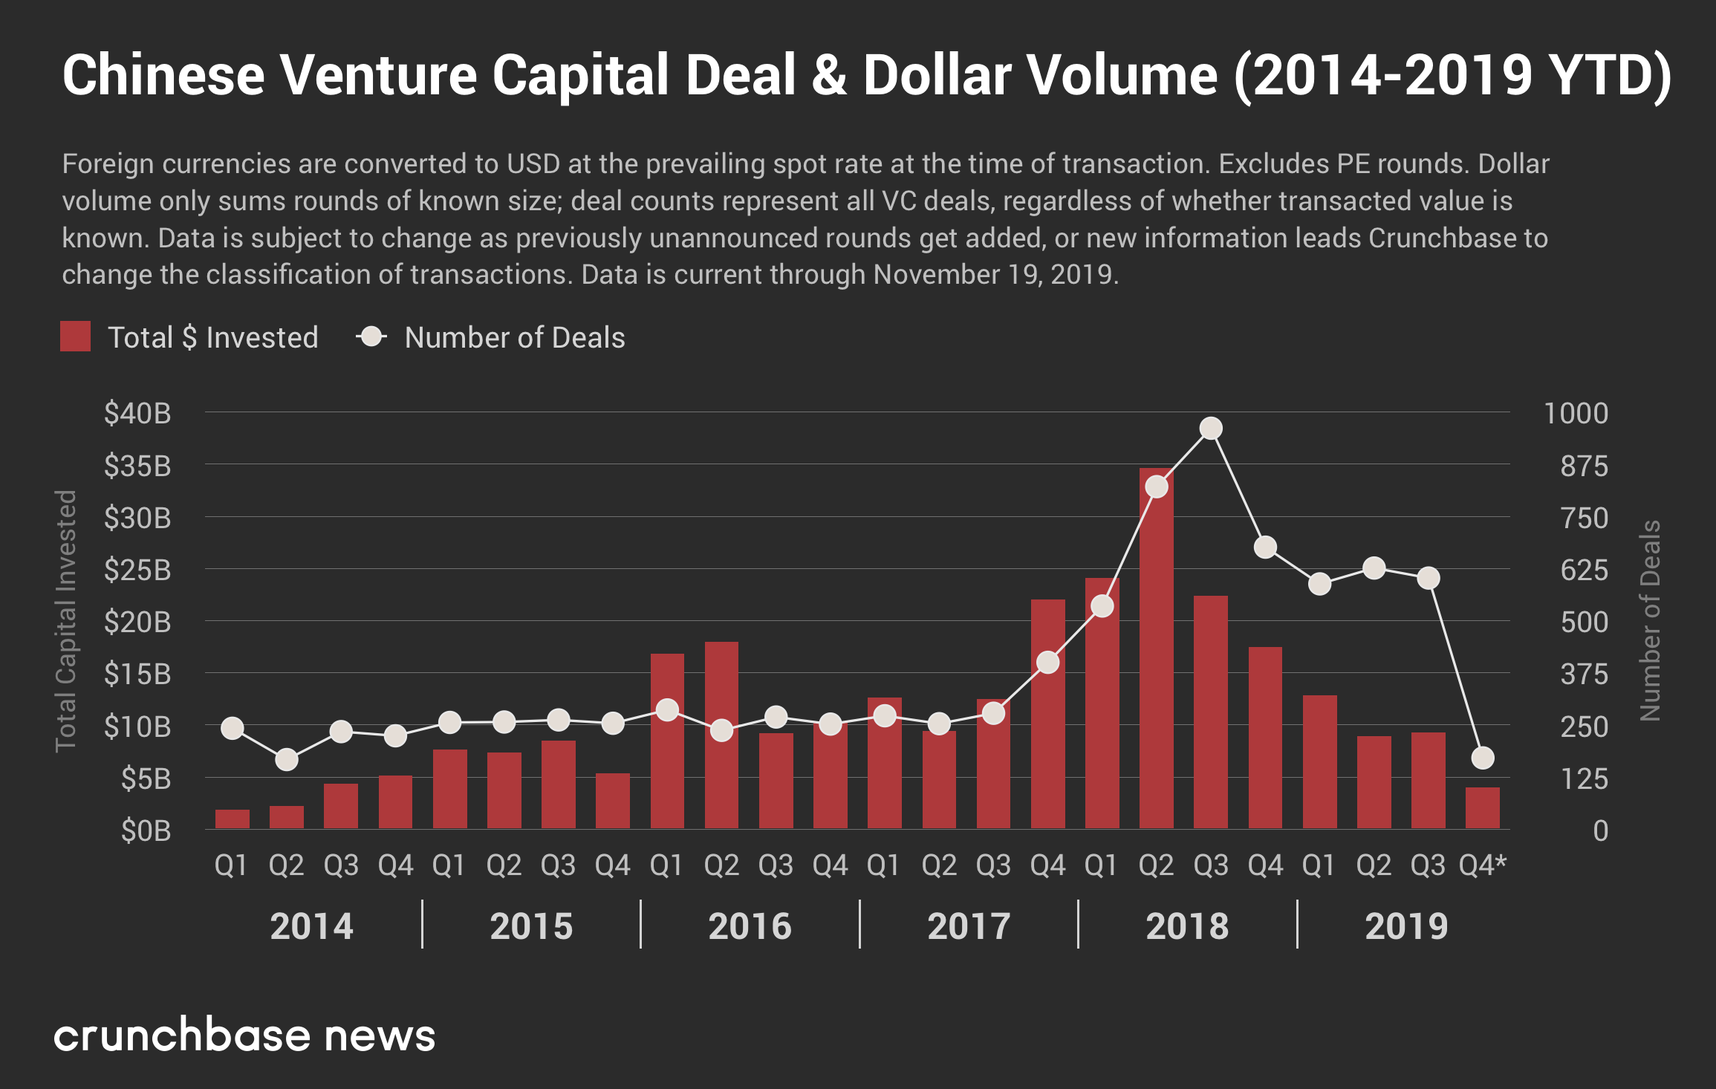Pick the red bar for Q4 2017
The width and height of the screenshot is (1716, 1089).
pos(1047,713)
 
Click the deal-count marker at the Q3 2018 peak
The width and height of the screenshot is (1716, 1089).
pos(1211,429)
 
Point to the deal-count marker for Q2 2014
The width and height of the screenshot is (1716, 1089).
pos(287,760)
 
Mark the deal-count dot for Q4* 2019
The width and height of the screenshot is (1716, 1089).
pos(1483,758)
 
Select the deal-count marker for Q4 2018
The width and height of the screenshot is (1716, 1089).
pos(1265,547)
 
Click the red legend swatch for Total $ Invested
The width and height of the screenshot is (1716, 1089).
pos(75,337)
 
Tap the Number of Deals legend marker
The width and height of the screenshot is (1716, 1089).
pos(371,337)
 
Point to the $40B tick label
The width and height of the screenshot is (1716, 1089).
pos(137,413)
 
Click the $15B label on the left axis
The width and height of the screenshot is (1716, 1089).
pos(137,674)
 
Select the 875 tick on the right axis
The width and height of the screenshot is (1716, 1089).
pos(1584,467)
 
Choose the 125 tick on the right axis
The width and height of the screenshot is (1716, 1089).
pos(1584,779)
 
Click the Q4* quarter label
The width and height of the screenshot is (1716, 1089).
pos(1482,865)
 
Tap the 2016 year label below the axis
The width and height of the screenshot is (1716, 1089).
pos(750,926)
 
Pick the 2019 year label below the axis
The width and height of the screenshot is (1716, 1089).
pos(1406,926)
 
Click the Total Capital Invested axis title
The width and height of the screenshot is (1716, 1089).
pos(66,620)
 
